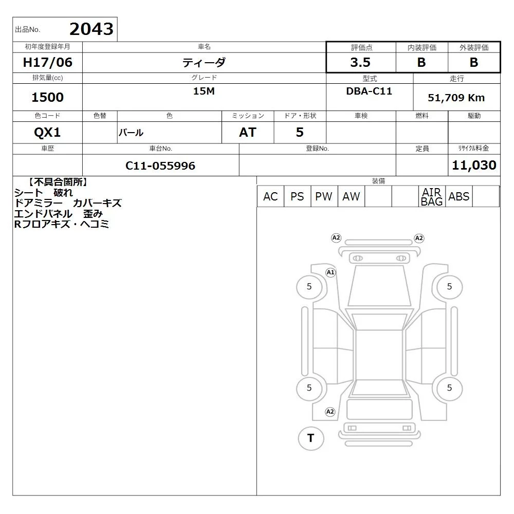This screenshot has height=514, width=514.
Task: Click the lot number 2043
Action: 91,29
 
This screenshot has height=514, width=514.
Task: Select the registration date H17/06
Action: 47,62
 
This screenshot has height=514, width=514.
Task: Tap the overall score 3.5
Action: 360,62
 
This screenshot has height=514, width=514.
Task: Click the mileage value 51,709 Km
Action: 456,98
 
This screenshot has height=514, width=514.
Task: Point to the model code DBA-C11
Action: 369,91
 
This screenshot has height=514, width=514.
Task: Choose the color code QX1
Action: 47,133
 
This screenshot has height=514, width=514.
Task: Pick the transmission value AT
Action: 248,133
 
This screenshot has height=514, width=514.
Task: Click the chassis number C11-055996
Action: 160,166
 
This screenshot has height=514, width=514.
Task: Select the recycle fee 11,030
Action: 474,165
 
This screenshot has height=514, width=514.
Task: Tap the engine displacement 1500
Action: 47,97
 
